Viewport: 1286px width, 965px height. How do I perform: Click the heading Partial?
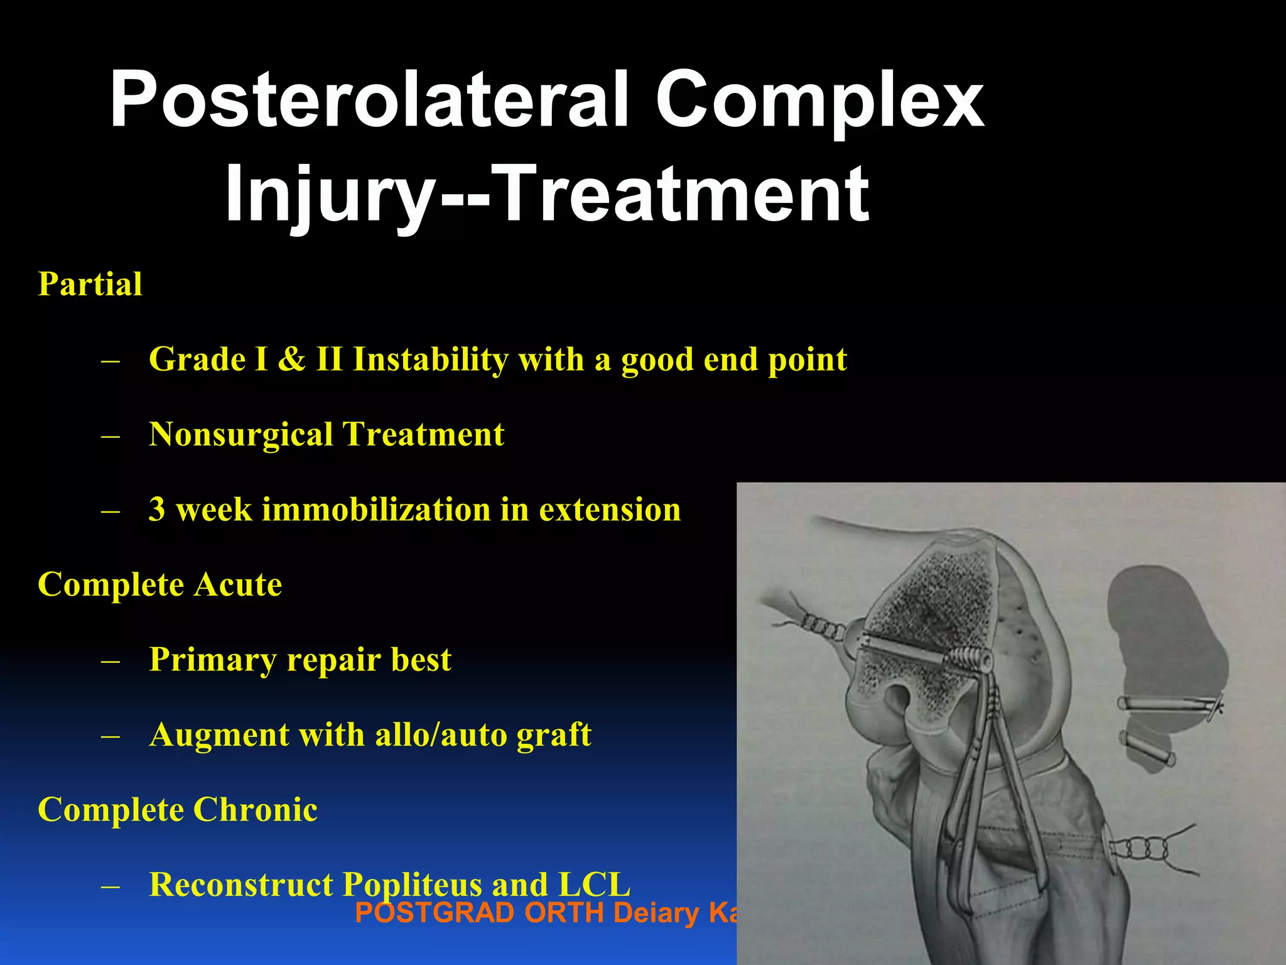coord(90,284)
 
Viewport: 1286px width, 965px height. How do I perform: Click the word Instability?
coord(430,359)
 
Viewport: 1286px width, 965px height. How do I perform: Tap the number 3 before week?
coord(157,510)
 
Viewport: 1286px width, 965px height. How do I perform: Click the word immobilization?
coord(376,510)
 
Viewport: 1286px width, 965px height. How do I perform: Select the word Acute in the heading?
coord(237,585)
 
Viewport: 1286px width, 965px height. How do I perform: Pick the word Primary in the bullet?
coord(212,660)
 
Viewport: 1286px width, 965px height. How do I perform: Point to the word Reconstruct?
coord(240,885)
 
